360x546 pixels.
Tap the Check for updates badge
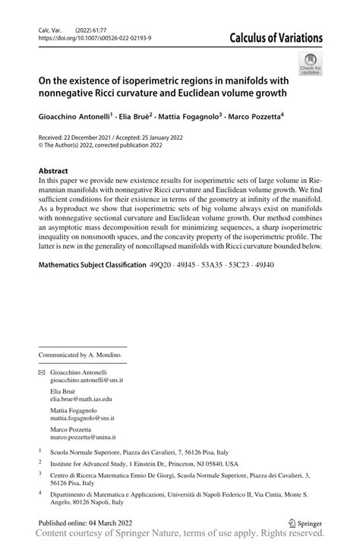[311, 64]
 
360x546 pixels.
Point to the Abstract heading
[53, 171]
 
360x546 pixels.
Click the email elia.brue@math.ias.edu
[81, 398]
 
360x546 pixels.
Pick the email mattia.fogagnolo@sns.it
[82, 418]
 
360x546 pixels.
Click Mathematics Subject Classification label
[92, 264]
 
